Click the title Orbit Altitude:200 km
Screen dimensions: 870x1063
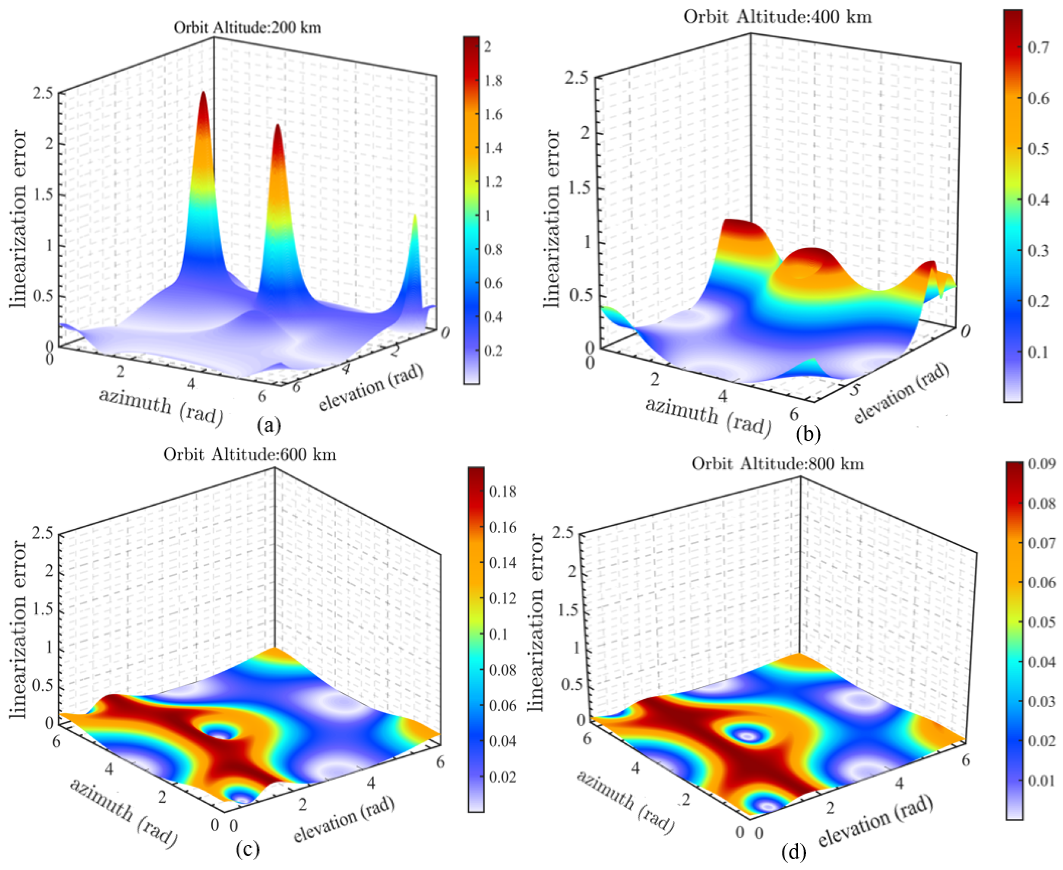247,28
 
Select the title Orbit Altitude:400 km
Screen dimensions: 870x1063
778,18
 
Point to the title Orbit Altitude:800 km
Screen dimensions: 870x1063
778,464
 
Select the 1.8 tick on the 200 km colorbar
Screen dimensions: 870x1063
493,81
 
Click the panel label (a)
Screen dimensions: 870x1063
269,426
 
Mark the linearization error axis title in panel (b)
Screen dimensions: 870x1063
552,219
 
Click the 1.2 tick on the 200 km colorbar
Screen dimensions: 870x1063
493,182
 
